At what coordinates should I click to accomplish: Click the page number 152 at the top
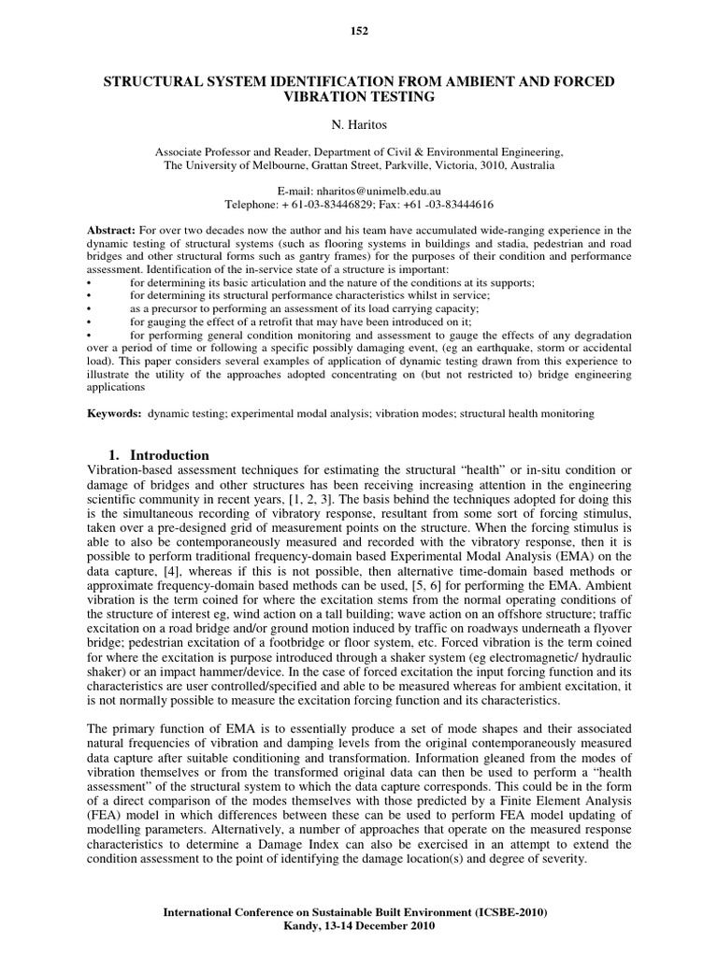tap(359, 31)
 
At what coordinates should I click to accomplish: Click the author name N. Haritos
tap(359, 122)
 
